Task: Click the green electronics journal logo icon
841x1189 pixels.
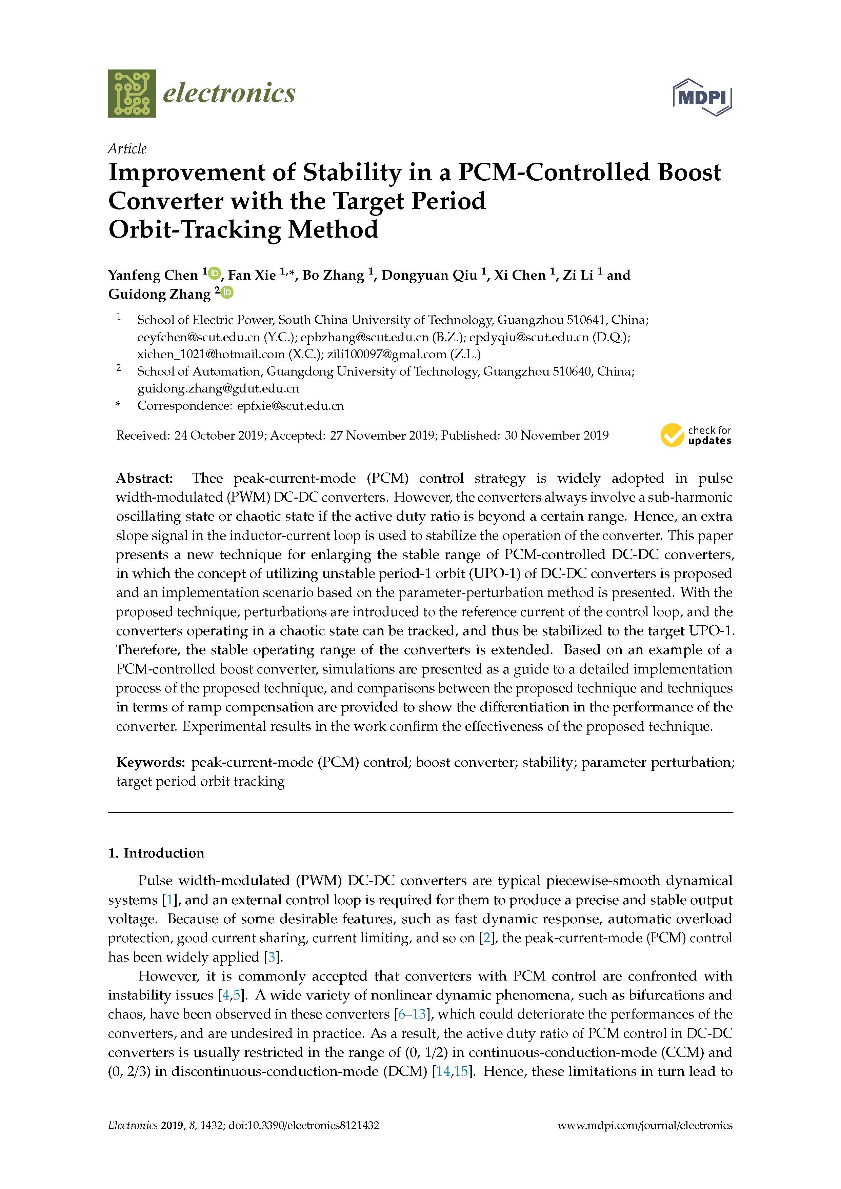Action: point(132,93)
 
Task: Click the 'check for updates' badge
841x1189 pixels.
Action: point(696,435)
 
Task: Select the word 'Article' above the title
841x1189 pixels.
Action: point(127,148)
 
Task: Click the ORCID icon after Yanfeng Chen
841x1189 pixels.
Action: point(215,273)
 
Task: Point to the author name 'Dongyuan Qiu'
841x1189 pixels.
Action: point(429,275)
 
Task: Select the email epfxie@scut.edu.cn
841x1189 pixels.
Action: point(290,405)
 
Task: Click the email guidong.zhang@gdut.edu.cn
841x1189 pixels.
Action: point(218,388)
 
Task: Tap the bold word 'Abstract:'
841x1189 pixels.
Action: point(144,478)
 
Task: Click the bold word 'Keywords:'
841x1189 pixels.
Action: point(150,762)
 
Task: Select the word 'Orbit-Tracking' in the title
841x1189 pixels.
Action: point(194,229)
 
